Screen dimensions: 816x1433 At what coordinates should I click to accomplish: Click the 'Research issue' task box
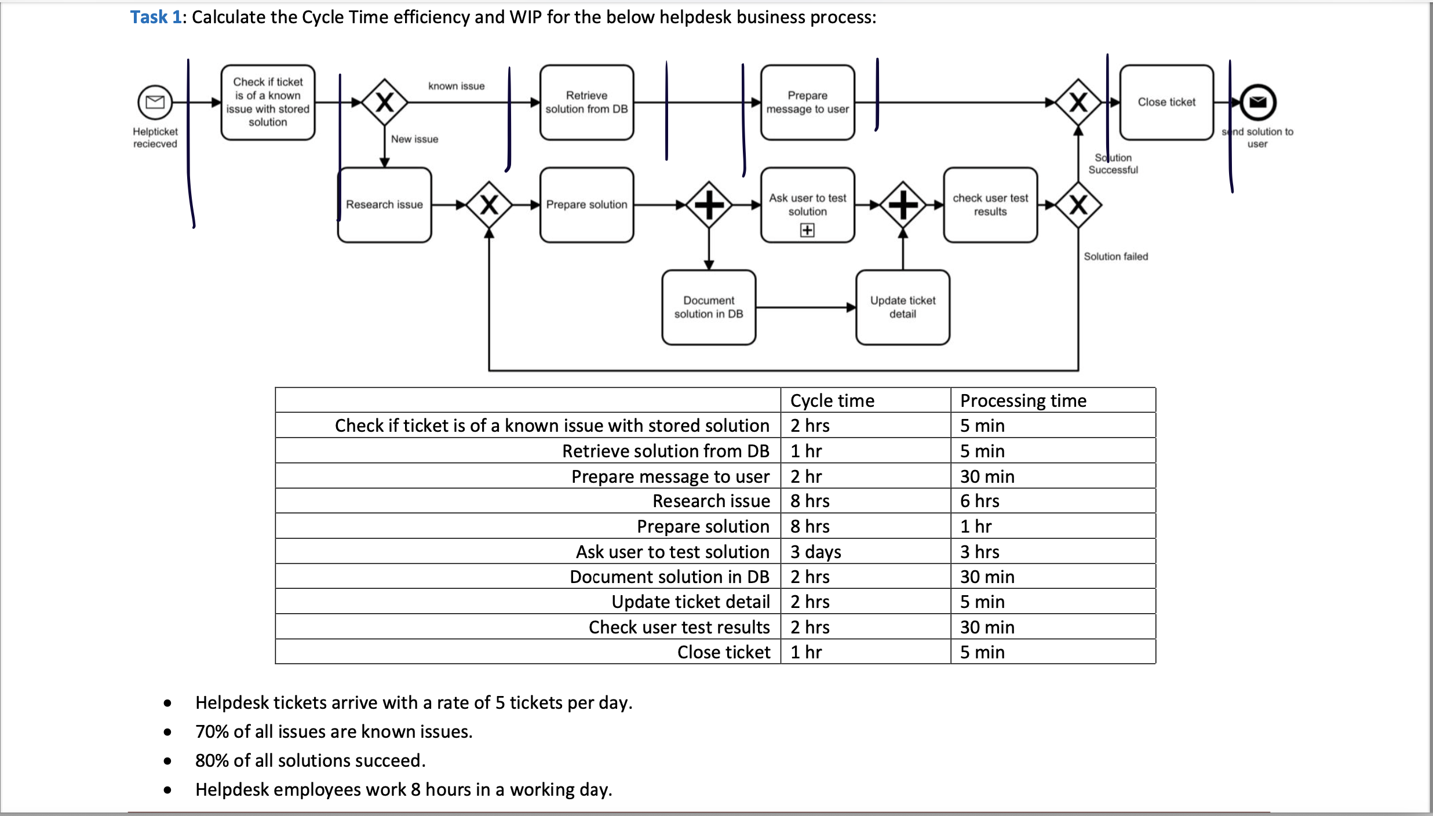click(x=384, y=205)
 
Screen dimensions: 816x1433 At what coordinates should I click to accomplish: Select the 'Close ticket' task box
click(x=1166, y=102)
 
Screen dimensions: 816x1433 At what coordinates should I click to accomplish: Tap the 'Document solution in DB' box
click(x=708, y=307)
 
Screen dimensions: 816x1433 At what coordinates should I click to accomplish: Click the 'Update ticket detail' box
click(x=902, y=307)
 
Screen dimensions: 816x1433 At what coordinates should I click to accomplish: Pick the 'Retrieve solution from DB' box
click(x=586, y=102)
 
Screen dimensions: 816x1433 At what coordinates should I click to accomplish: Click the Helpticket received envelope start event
click(x=155, y=103)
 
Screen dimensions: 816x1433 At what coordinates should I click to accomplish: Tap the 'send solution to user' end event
click(x=1257, y=103)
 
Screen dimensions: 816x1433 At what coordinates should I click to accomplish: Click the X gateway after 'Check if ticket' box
click(x=385, y=103)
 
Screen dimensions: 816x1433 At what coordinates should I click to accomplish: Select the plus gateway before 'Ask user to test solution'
click(x=709, y=205)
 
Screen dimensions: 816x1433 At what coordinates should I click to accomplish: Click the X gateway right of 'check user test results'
click(x=1078, y=205)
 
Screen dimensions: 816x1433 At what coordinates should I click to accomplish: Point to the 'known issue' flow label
click(x=456, y=86)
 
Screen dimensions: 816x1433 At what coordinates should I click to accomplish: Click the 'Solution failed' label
click(x=1115, y=256)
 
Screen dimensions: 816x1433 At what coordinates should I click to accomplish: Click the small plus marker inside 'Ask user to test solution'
click(x=807, y=230)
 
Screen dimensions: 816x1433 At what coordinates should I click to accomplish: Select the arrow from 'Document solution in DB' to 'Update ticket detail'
click(x=805, y=307)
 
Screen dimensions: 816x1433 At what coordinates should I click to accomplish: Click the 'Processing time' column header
click(x=1023, y=400)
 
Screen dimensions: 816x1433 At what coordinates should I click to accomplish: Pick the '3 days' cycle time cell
click(x=815, y=552)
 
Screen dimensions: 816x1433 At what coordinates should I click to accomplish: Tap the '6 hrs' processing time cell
click(x=979, y=501)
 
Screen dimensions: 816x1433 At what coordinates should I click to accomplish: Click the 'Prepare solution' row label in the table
click(x=703, y=526)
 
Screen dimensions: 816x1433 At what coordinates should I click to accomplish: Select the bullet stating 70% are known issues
click(x=334, y=731)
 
